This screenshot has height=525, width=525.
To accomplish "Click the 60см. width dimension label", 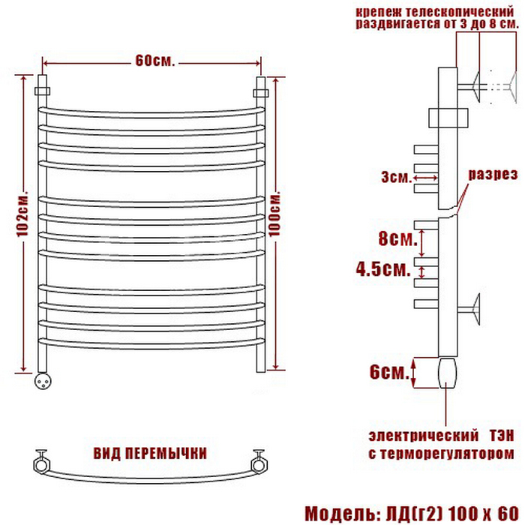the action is pyautogui.click(x=155, y=61).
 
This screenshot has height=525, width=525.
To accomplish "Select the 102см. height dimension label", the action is pyautogui.click(x=23, y=215).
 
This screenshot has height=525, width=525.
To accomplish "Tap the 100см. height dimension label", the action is pyautogui.click(x=275, y=215).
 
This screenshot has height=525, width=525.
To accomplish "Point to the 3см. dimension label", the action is pyautogui.click(x=396, y=178).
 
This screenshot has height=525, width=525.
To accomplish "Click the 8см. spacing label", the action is pyautogui.click(x=397, y=238).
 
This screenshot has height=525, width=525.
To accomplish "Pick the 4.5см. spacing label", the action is pyautogui.click(x=383, y=268).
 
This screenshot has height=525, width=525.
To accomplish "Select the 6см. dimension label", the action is pyautogui.click(x=389, y=372).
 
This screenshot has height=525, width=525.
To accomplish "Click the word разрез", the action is pyautogui.click(x=493, y=175).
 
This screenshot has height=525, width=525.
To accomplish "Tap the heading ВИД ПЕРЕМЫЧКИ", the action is pyautogui.click(x=150, y=454).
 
